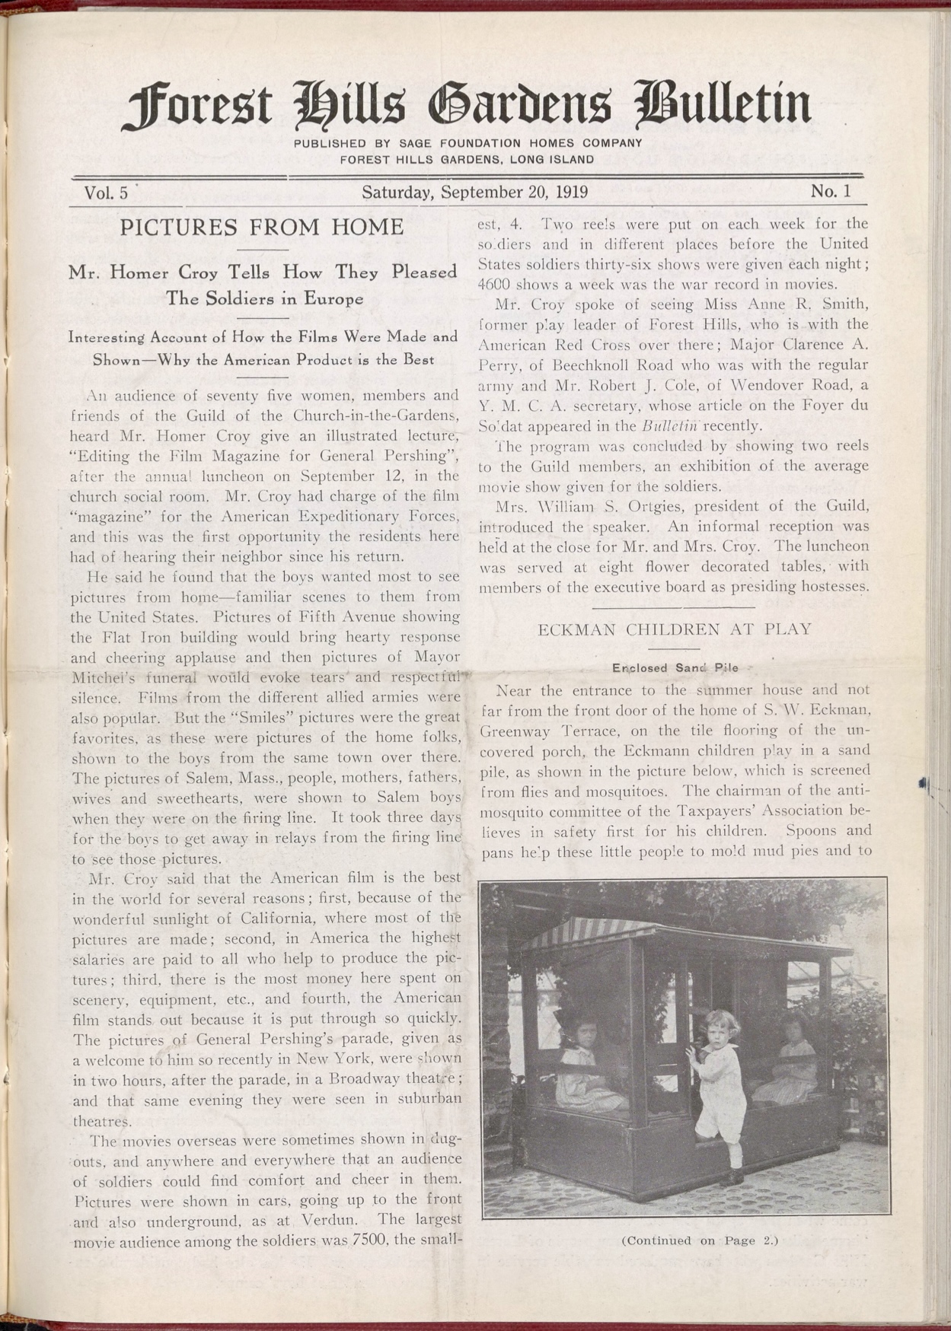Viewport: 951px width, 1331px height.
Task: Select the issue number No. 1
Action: [x=830, y=191]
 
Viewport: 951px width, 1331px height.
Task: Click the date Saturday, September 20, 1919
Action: [x=474, y=192]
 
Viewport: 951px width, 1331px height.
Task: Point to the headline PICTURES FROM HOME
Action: [x=262, y=227]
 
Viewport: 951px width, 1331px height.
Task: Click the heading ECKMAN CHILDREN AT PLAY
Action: [x=674, y=629]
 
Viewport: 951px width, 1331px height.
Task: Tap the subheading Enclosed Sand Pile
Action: [x=675, y=667]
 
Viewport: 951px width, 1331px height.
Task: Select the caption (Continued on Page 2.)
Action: [x=700, y=1240]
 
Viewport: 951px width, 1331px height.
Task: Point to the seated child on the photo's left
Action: [x=582, y=1058]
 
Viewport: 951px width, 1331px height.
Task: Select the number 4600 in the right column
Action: [x=496, y=285]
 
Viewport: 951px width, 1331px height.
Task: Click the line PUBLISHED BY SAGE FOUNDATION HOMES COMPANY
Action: [x=468, y=143]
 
